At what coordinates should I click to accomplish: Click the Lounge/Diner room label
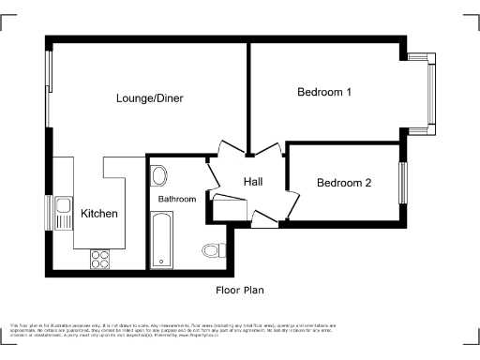pyautogui.click(x=149, y=98)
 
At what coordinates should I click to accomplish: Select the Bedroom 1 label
pyautogui.click(x=324, y=92)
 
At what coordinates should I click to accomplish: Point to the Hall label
pyautogui.click(x=253, y=181)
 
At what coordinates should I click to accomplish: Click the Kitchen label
pyautogui.click(x=99, y=214)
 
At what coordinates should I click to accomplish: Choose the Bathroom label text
pyautogui.click(x=176, y=199)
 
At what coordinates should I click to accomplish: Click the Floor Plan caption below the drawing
pyautogui.click(x=241, y=291)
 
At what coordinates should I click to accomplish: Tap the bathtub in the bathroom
pyautogui.click(x=161, y=239)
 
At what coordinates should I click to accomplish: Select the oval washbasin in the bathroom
pyautogui.click(x=157, y=175)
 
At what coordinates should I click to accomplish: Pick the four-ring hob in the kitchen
pyautogui.click(x=99, y=258)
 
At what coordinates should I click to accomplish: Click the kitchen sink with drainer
pyautogui.click(x=64, y=212)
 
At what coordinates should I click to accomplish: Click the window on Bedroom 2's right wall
pyautogui.click(x=404, y=182)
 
